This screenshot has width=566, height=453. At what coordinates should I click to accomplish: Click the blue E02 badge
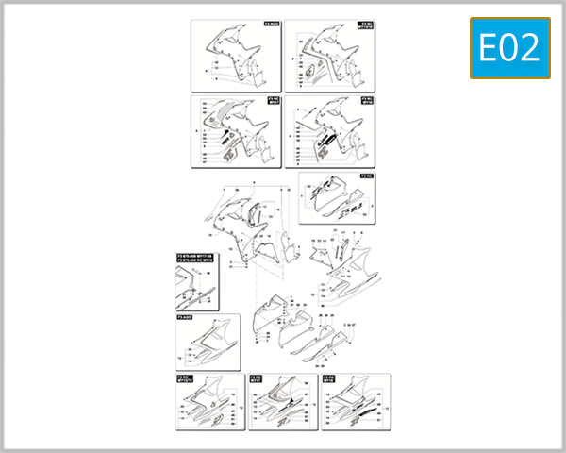(x=509, y=48)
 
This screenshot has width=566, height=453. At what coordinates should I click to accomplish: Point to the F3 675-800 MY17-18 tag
(x=196, y=258)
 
